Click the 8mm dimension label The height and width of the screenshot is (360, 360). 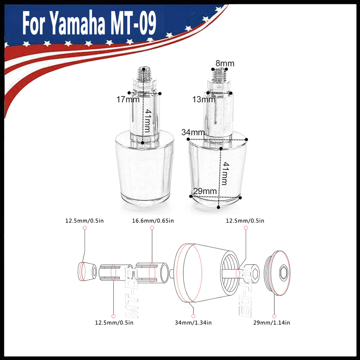[225, 64]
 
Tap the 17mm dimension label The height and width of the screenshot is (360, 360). [128, 99]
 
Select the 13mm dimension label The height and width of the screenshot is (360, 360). [204, 99]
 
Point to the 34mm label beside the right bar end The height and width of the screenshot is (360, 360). [193, 132]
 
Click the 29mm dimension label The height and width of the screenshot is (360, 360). [205, 191]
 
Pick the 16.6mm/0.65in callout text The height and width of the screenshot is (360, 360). [153, 221]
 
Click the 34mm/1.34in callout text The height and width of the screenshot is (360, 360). [193, 322]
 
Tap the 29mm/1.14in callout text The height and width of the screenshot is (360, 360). [271, 322]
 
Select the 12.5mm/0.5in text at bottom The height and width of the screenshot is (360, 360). [114, 322]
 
